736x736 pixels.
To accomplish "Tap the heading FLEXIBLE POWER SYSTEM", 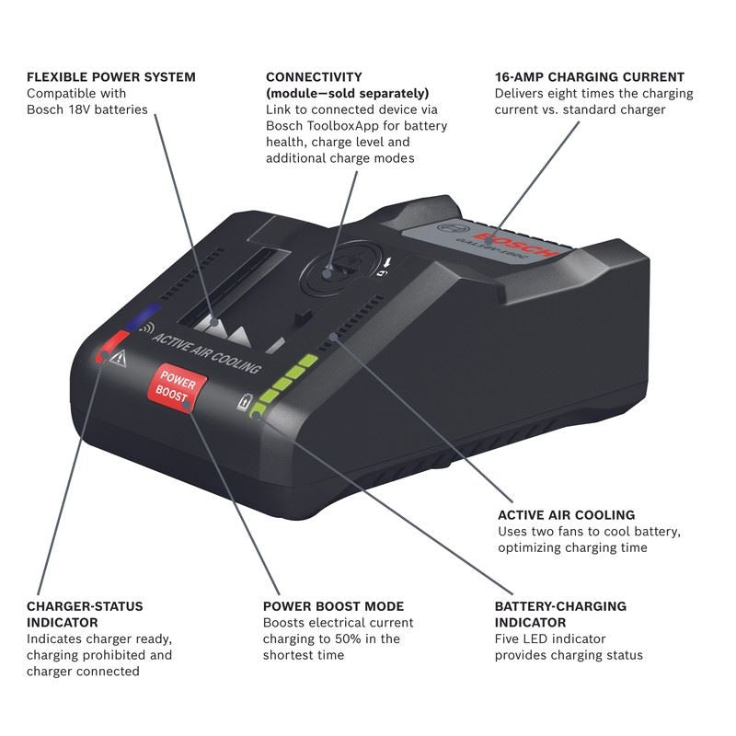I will (110, 77).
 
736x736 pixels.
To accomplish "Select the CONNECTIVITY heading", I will (314, 77).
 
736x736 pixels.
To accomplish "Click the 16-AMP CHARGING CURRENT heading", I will (589, 77).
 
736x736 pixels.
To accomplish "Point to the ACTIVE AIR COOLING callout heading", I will (566, 515).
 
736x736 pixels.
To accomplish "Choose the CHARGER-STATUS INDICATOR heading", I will (85, 614).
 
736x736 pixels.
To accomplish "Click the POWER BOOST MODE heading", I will (333, 606).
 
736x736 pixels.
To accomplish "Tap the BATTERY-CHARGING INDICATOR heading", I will (560, 614).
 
